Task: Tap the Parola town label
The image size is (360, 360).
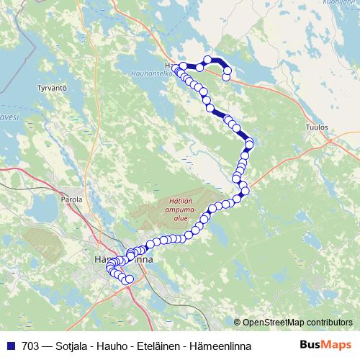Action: [73, 199]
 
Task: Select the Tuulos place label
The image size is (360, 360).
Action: [317, 127]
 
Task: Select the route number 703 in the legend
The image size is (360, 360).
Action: [30, 346]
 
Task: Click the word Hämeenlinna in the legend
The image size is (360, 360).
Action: [220, 346]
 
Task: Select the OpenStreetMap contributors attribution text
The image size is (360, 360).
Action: [297, 323]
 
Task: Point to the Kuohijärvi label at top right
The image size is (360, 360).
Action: [342, 3]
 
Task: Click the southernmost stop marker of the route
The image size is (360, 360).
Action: [130, 279]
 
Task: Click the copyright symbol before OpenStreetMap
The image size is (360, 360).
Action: [237, 323]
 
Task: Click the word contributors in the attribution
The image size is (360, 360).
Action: [328, 323]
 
